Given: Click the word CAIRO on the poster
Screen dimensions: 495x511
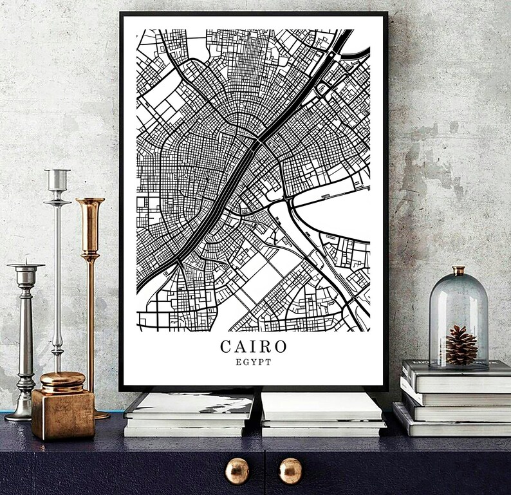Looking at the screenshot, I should (254, 346).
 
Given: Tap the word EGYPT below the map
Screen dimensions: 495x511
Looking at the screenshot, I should (254, 362).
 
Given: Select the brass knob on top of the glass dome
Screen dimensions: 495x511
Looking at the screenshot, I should (458, 270).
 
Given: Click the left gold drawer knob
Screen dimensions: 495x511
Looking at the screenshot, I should (237, 471).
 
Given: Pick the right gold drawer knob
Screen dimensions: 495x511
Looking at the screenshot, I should (290, 471).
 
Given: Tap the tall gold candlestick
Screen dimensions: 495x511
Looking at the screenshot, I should (91, 290).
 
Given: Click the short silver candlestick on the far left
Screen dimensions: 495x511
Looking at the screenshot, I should (25, 335).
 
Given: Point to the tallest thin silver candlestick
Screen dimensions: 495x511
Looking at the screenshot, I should (57, 270).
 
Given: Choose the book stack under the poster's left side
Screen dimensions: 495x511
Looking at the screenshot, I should (190, 414).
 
